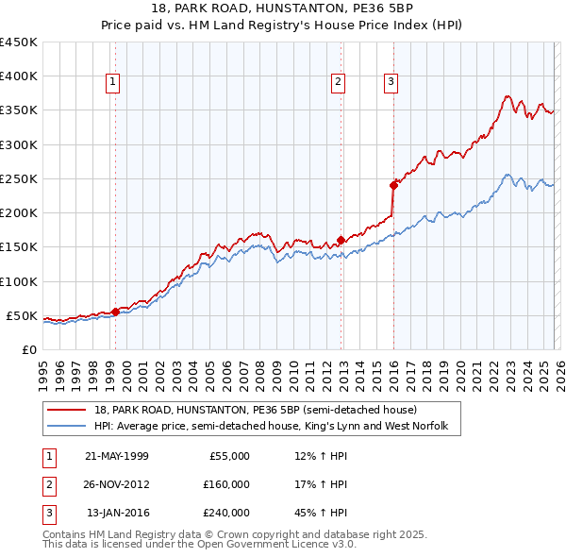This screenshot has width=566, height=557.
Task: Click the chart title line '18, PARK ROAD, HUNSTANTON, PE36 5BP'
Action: pyautogui.click(x=283, y=8)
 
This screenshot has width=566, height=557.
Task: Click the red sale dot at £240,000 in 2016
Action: pyautogui.click(x=393, y=185)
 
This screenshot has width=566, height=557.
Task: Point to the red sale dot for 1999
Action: pyautogui.click(x=115, y=312)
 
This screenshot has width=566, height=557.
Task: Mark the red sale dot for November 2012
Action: pyautogui.click(x=341, y=240)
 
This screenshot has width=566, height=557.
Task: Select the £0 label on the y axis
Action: pyautogui.click(x=28, y=349)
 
